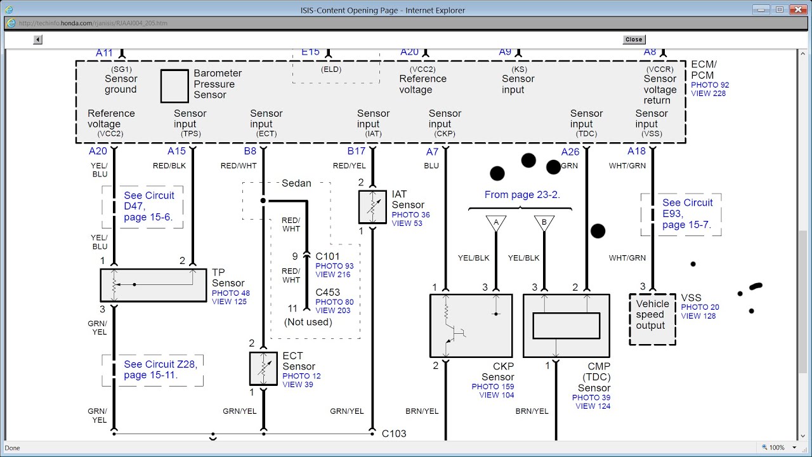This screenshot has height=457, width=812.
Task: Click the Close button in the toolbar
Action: [634, 39]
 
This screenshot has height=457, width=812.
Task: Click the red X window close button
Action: [798, 10]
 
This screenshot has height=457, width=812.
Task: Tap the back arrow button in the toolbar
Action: [37, 39]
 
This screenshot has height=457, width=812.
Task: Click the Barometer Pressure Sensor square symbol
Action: [174, 86]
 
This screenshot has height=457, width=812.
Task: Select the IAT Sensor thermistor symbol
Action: [372, 207]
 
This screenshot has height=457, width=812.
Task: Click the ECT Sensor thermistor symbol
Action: [263, 369]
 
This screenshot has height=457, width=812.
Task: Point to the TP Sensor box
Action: [154, 285]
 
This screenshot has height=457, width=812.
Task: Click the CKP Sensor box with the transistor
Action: [471, 326]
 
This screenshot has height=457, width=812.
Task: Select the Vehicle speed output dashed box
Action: [653, 319]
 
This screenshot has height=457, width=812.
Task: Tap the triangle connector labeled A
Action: [496, 223]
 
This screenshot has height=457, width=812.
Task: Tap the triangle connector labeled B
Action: [544, 223]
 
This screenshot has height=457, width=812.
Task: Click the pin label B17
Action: [357, 151]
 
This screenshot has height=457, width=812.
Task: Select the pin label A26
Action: [570, 152]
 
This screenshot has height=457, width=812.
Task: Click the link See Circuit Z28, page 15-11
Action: [160, 369]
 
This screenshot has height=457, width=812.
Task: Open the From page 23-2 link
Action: [522, 195]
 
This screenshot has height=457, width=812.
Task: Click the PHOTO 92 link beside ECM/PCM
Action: [710, 85]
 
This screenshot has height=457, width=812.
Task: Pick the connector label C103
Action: [394, 434]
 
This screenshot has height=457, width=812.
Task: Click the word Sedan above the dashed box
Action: [296, 183]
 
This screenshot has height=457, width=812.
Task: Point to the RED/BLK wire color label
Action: [169, 166]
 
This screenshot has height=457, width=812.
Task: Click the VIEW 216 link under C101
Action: [333, 275]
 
